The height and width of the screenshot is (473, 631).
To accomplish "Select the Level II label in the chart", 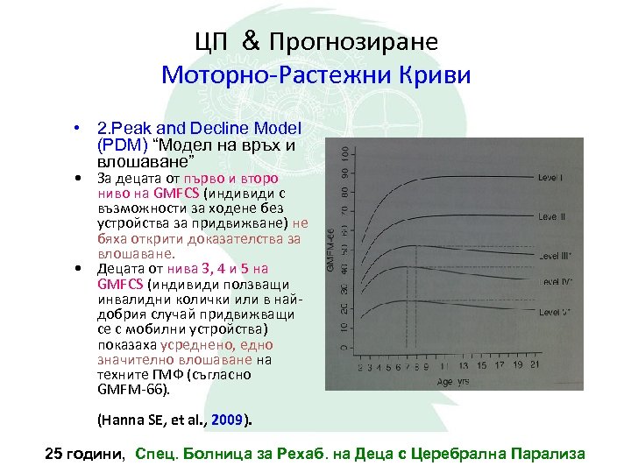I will pyautogui.click(x=552, y=216).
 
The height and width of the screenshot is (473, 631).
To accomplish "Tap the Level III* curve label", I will pyautogui.click(x=554, y=257).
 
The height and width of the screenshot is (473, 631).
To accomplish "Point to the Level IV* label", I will pyautogui.click(x=554, y=281).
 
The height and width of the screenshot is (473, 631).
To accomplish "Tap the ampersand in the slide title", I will pyautogui.click(x=248, y=41).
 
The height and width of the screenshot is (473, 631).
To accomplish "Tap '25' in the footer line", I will pyautogui.click(x=54, y=454).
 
